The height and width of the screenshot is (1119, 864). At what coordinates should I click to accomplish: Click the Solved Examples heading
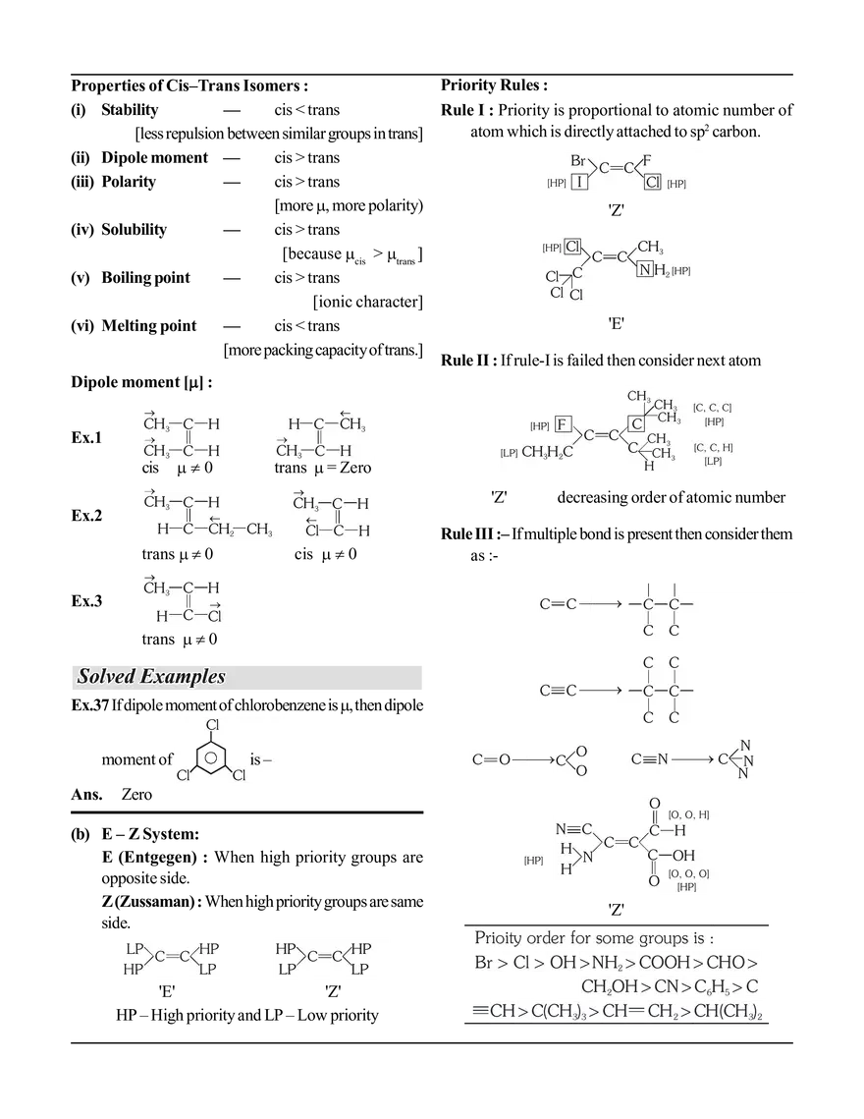(151, 676)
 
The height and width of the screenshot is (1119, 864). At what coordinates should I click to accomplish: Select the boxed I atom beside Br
(580, 182)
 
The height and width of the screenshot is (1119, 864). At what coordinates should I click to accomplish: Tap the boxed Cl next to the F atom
(652, 182)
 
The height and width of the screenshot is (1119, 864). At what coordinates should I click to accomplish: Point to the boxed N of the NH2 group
(645, 269)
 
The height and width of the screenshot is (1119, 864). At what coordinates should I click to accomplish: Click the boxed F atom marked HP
(563, 424)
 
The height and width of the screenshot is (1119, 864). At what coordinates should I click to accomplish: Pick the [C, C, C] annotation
(712, 407)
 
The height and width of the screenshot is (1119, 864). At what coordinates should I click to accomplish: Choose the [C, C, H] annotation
(713, 448)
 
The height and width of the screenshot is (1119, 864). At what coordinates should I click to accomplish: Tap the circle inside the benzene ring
(208, 757)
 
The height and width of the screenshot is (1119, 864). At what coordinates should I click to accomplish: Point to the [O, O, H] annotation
(688, 814)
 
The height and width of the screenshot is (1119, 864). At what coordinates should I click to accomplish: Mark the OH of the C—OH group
(683, 856)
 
